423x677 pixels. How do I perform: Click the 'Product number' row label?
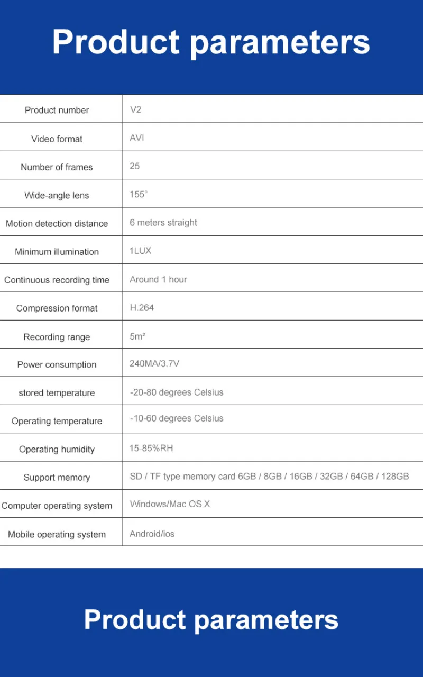(57, 110)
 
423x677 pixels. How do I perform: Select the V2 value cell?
(135, 109)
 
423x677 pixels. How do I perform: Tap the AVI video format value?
(137, 138)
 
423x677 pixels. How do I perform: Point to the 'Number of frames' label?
(57, 167)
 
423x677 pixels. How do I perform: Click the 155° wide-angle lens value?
(139, 194)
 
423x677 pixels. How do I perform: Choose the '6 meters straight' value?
(163, 223)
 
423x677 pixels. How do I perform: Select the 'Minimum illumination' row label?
(57, 252)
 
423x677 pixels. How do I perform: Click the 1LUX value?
(141, 251)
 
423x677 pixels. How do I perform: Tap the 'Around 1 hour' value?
(158, 279)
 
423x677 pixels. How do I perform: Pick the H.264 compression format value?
(142, 307)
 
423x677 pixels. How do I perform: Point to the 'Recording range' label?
(57, 337)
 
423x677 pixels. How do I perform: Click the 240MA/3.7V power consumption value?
(154, 363)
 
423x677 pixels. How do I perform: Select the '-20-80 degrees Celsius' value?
(177, 392)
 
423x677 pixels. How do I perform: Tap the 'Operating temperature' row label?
(57, 421)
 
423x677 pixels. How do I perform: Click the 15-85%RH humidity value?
(151, 448)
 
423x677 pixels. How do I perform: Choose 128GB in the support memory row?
(395, 477)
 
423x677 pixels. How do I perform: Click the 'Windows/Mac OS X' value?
(170, 504)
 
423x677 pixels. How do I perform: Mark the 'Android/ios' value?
(152, 534)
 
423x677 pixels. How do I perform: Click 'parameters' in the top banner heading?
(280, 42)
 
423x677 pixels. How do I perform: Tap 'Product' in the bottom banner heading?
(135, 619)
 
